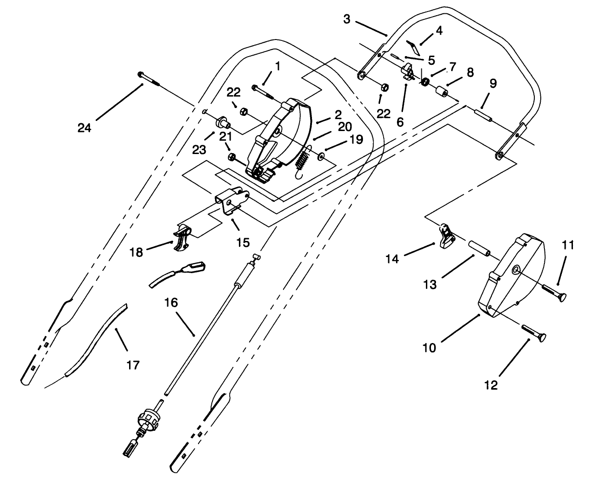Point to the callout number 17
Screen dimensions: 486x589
[133, 365]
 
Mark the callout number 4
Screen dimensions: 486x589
[439, 31]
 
